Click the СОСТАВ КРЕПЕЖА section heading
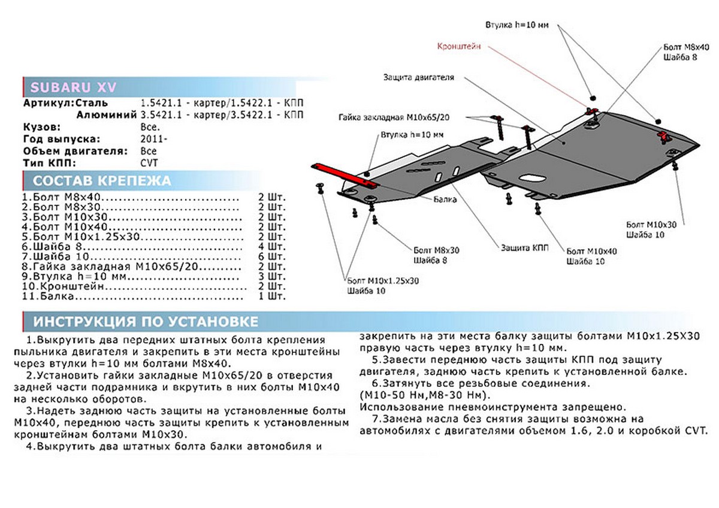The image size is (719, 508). tap(101, 181)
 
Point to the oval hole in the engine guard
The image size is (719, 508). tap(530, 179)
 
